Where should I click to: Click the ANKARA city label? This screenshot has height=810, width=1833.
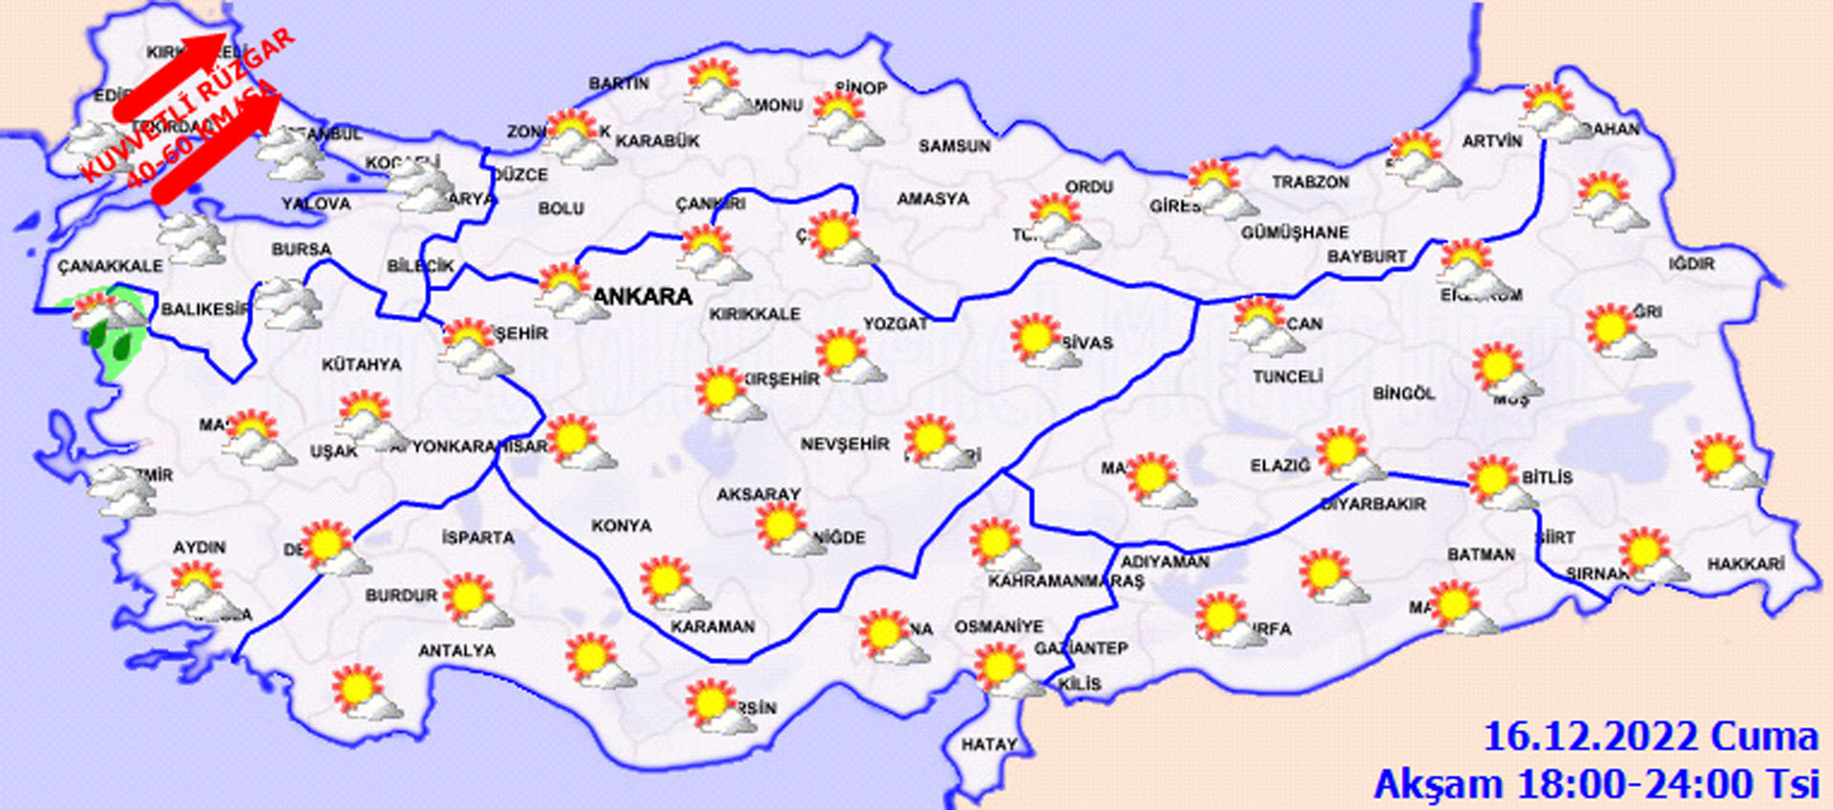(x=643, y=297)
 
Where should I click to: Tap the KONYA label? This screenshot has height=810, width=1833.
(x=621, y=526)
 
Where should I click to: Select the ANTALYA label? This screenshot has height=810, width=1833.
(x=456, y=651)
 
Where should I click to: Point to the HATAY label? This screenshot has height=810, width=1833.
(x=988, y=744)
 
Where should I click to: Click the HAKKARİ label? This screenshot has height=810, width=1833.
(x=1745, y=564)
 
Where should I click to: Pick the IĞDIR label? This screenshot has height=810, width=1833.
(x=1692, y=263)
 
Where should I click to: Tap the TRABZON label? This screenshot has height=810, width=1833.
(x=1310, y=181)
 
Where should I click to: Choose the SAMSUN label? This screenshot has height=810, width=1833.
(x=954, y=146)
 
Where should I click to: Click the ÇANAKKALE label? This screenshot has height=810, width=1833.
(x=110, y=266)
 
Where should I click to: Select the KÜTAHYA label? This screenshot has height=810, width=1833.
(x=361, y=364)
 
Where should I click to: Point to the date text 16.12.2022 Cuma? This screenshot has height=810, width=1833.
(x=1650, y=737)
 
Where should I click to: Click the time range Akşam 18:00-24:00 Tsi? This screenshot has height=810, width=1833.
(x=1595, y=784)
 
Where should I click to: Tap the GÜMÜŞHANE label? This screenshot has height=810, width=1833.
(x=1295, y=233)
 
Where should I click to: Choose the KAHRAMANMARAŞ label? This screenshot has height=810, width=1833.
(x=1065, y=581)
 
